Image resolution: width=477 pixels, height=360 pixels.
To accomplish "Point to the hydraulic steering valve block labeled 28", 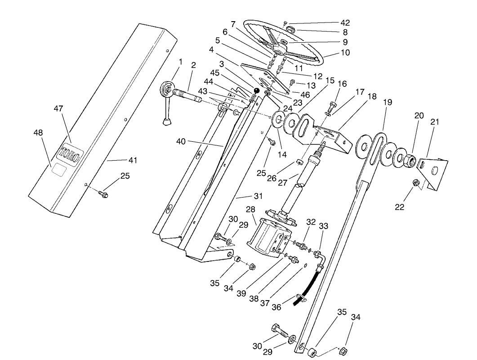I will point(268,237).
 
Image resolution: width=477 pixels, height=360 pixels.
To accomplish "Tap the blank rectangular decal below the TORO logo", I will point(59,169).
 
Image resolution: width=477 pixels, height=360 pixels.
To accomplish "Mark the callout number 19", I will point(387,103).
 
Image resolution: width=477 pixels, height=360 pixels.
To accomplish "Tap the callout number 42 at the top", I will point(345,22).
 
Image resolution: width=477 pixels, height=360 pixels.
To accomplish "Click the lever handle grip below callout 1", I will point(168,121).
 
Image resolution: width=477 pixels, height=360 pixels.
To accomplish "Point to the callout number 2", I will point(193,65).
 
